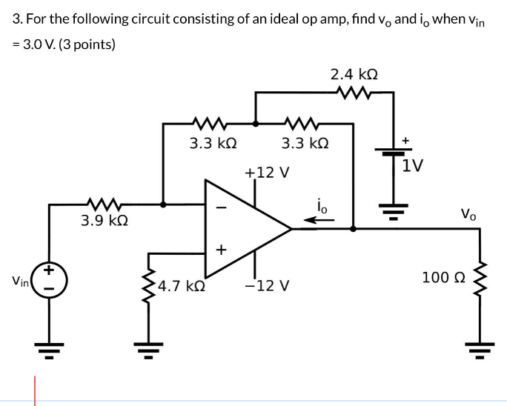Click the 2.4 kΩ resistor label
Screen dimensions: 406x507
[x=356, y=75]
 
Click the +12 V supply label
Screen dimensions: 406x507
[x=266, y=173]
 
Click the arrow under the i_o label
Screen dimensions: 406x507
[x=322, y=219]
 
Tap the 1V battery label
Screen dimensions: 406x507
[x=414, y=164]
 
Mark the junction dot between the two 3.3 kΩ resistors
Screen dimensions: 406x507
[x=256, y=124]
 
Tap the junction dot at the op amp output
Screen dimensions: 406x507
[x=353, y=229]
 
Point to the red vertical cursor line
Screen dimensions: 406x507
[x=33, y=390]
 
